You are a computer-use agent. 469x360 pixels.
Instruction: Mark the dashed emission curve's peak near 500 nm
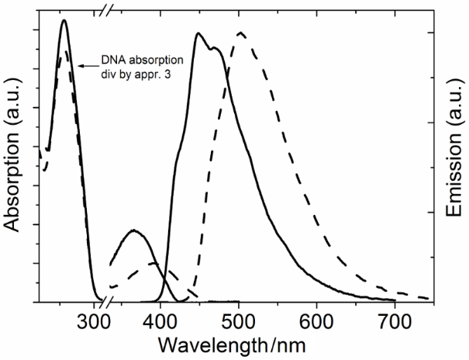[241, 33]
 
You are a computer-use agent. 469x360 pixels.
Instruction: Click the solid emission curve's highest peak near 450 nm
[199, 33]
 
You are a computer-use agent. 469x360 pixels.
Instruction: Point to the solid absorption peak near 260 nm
[64, 21]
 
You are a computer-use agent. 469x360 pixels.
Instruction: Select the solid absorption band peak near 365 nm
[134, 230]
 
